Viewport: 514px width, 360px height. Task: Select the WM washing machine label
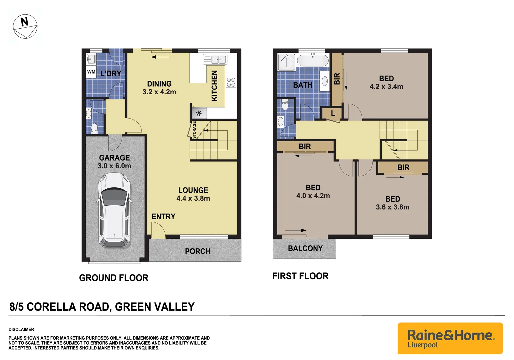pos(91,72)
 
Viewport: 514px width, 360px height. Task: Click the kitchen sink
pos(215,60)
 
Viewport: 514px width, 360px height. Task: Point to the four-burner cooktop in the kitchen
pos(231,82)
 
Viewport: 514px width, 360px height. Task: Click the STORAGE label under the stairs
pos(194,130)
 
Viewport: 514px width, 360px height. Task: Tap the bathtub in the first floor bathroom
pos(312,61)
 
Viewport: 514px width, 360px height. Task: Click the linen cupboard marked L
pos(333,113)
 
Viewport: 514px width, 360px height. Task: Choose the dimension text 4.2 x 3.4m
pos(386,87)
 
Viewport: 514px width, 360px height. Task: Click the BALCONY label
pos(305,248)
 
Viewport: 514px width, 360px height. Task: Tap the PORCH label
pos(197,251)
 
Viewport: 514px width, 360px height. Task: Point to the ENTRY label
pos(163,217)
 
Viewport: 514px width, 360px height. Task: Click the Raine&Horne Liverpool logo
pos(450,338)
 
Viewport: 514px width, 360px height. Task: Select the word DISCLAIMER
pos(21,329)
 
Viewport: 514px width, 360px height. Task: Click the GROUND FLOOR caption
pos(114,278)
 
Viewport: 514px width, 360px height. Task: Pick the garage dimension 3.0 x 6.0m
pos(114,166)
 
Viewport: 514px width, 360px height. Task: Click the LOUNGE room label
pos(193,190)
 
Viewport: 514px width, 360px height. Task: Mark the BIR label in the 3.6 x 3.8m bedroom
pos(403,167)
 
